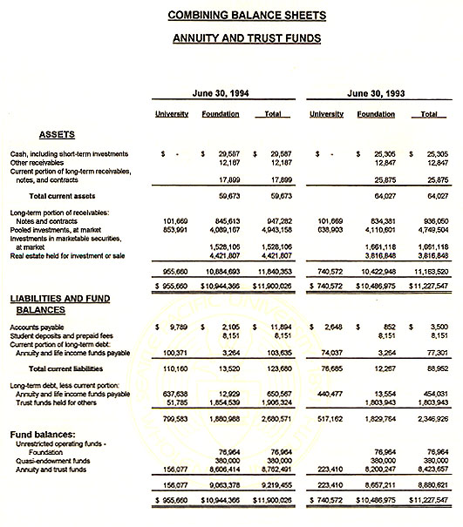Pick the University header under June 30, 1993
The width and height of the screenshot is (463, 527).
(x=326, y=114)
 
